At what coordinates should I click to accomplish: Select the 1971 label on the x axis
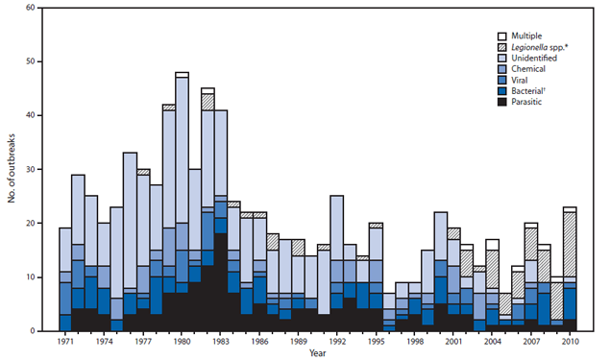tap(65, 341)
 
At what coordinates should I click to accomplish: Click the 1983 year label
tap(221, 341)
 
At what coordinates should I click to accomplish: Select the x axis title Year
tap(317, 353)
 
